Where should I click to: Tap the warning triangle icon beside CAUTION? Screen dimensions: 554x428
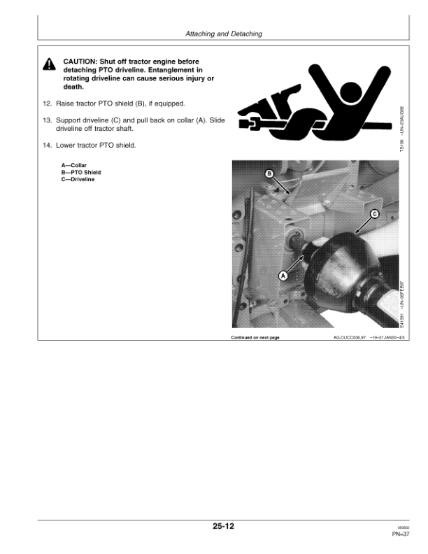pos(49,65)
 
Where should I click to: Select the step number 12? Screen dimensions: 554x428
pos(48,104)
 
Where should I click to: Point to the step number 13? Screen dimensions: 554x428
pos(48,120)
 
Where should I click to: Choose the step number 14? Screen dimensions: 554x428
pos(48,145)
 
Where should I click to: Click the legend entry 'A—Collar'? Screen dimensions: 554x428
pos(74,165)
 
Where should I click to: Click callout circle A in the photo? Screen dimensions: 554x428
pos(283,276)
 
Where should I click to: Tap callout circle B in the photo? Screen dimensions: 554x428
pos(269,173)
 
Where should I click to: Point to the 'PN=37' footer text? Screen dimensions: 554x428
pos(401,536)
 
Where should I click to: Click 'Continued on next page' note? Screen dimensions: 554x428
pos(255,338)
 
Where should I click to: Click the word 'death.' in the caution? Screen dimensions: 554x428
pos(73,87)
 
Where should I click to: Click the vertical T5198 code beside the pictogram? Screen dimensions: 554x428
pos(401,129)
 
